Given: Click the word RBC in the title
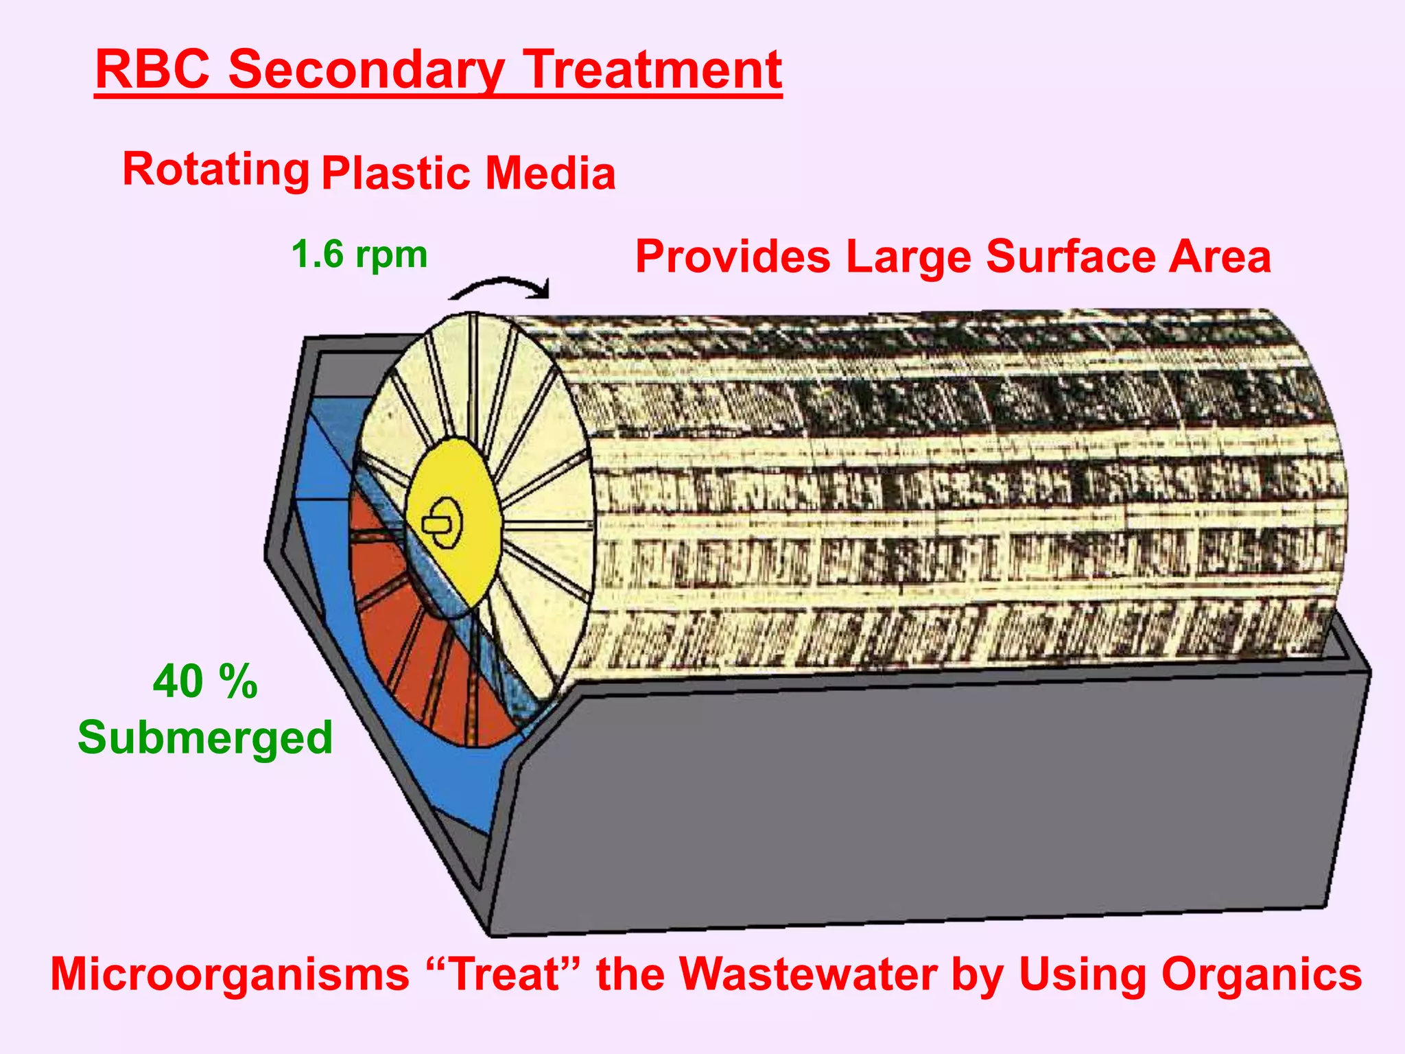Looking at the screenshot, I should [152, 70].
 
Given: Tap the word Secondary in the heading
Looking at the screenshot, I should [366, 70].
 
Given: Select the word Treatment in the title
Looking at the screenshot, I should [653, 70].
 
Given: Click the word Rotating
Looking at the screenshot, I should [215, 169].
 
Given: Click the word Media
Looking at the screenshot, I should [550, 173].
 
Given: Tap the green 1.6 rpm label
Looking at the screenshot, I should [359, 255].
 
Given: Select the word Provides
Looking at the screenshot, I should [733, 257].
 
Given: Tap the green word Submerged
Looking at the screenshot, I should [204, 738].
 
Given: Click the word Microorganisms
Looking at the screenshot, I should [229, 974].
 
